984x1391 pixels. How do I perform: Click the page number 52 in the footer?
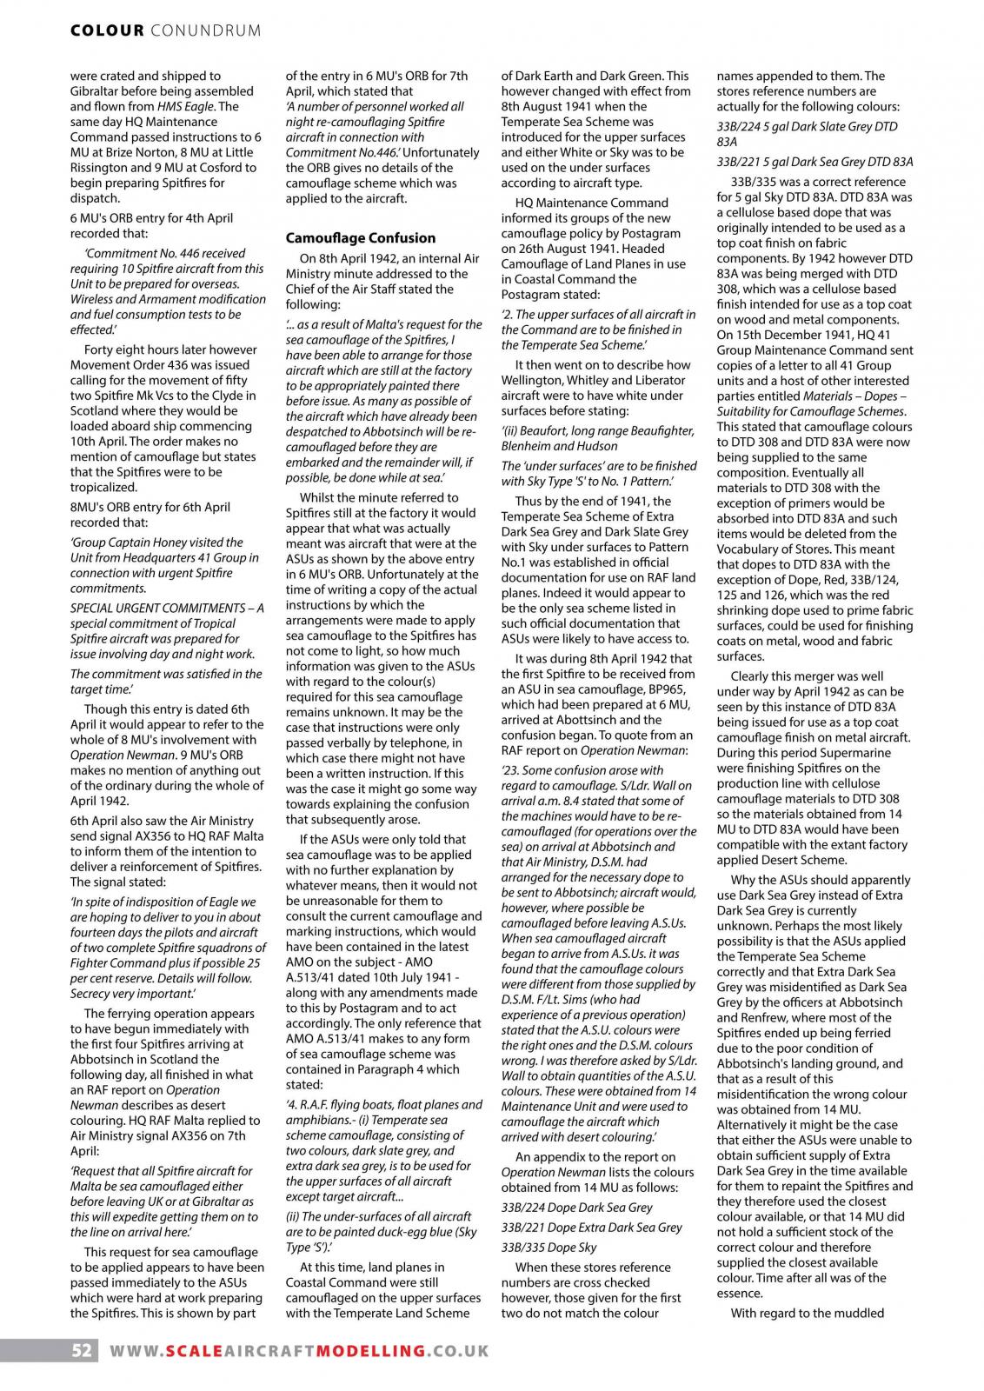click(82, 1351)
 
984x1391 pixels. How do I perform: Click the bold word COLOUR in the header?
click(107, 31)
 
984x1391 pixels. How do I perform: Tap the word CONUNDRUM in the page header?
click(206, 31)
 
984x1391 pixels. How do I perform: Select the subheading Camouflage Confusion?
click(361, 237)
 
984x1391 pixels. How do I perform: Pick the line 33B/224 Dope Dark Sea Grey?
click(576, 1207)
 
